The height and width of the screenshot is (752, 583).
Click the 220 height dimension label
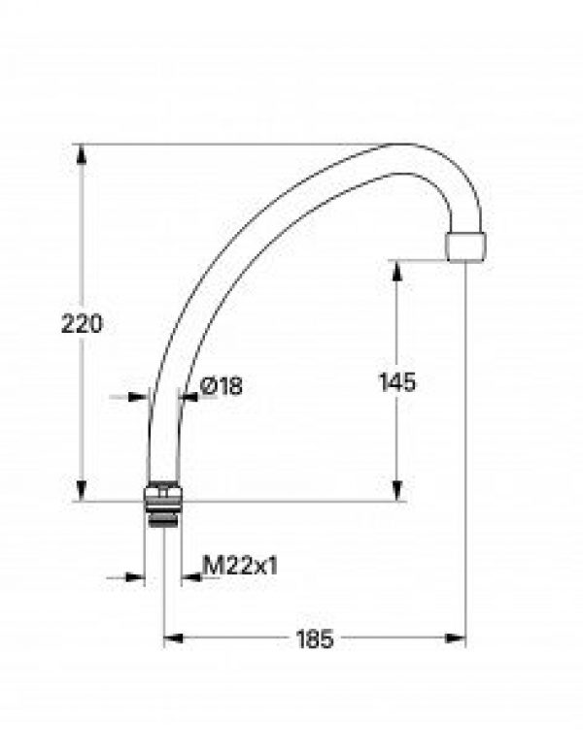point(82,325)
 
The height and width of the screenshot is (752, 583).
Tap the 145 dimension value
point(396,382)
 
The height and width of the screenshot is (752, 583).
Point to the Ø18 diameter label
point(221,386)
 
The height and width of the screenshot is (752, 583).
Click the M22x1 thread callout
point(240,565)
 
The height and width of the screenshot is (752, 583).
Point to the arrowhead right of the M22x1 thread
point(188,577)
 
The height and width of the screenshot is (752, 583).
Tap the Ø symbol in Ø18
point(208,386)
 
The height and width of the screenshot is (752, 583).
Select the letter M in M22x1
point(211,565)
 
